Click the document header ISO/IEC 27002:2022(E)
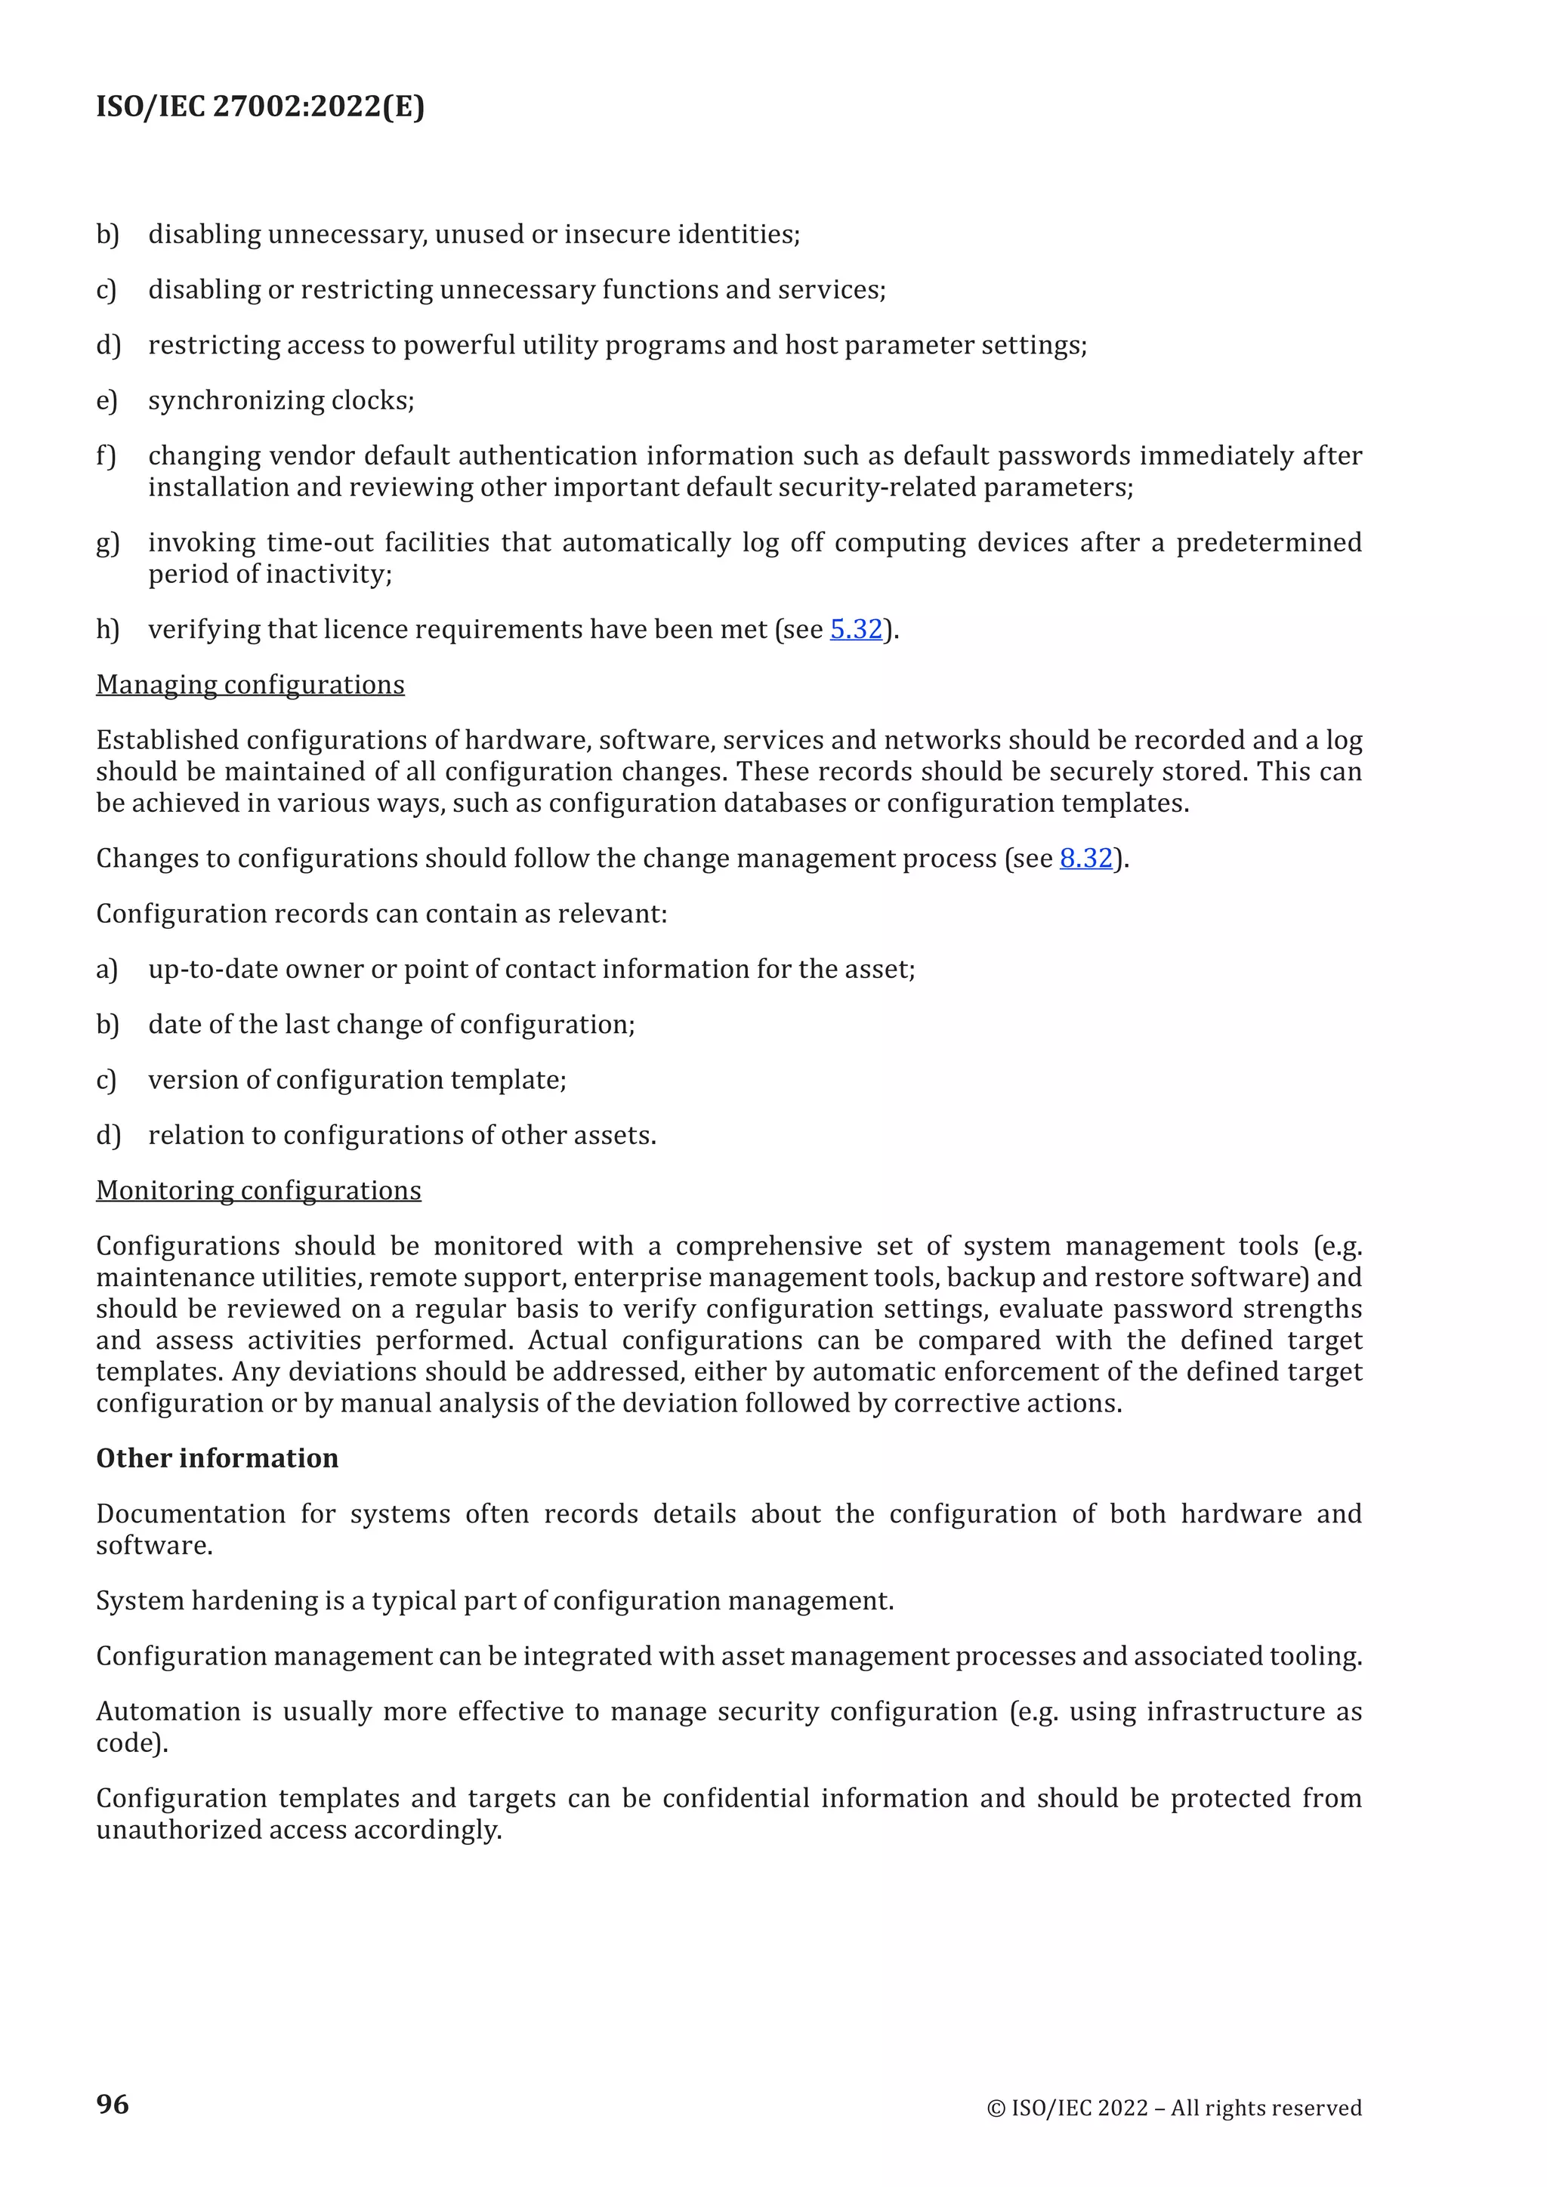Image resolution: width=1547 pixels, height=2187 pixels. [260, 106]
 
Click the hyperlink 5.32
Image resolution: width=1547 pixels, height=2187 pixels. [855, 630]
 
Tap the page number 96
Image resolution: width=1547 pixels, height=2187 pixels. [113, 2103]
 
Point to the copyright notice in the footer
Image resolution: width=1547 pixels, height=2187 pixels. [1174, 2108]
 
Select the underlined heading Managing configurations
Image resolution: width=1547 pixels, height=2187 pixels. [249, 685]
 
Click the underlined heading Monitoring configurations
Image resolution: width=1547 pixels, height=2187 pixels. [258, 1191]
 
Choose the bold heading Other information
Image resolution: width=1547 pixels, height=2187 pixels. [218, 1458]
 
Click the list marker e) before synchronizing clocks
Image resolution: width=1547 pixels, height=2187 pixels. [107, 401]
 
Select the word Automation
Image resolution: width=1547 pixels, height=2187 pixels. [168, 1712]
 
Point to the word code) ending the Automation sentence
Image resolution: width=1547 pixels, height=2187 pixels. [131, 1743]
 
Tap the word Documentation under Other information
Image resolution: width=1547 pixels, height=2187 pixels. [190, 1515]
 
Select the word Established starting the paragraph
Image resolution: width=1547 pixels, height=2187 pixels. [167, 740]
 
